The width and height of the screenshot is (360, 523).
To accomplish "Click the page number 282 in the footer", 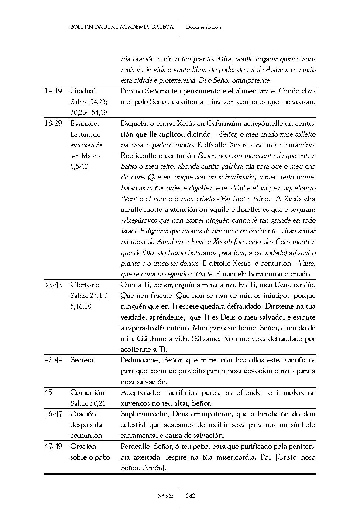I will tap(191, 496).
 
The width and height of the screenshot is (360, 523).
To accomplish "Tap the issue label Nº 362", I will tap(165, 496).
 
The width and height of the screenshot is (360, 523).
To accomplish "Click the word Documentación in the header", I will tap(204, 27).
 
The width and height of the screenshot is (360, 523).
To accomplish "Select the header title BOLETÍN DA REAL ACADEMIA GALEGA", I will tap(122, 27).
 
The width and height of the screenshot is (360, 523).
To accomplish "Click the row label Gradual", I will tap(83, 91).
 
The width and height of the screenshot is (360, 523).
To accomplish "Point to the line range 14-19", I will tap(53, 91).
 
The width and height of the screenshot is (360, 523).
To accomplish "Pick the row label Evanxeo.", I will tap(85, 124).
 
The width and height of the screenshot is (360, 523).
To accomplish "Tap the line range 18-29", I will tap(53, 124).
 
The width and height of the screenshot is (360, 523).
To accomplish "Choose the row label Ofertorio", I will tap(85, 285).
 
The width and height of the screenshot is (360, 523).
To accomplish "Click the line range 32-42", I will tap(53, 285).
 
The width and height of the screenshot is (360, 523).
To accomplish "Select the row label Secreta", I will tap(82, 360).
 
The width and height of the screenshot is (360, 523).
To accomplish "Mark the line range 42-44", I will tap(53, 360).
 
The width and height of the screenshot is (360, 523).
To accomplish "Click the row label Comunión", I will tap(88, 393).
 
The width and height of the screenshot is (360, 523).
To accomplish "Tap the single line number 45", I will tap(48, 393).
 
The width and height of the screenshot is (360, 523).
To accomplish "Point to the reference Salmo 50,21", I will tap(88, 403).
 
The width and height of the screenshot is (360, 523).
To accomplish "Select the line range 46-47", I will tap(53, 414).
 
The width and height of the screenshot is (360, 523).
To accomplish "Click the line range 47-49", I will tap(53, 447).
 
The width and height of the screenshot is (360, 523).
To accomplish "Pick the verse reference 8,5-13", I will tap(79, 166).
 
